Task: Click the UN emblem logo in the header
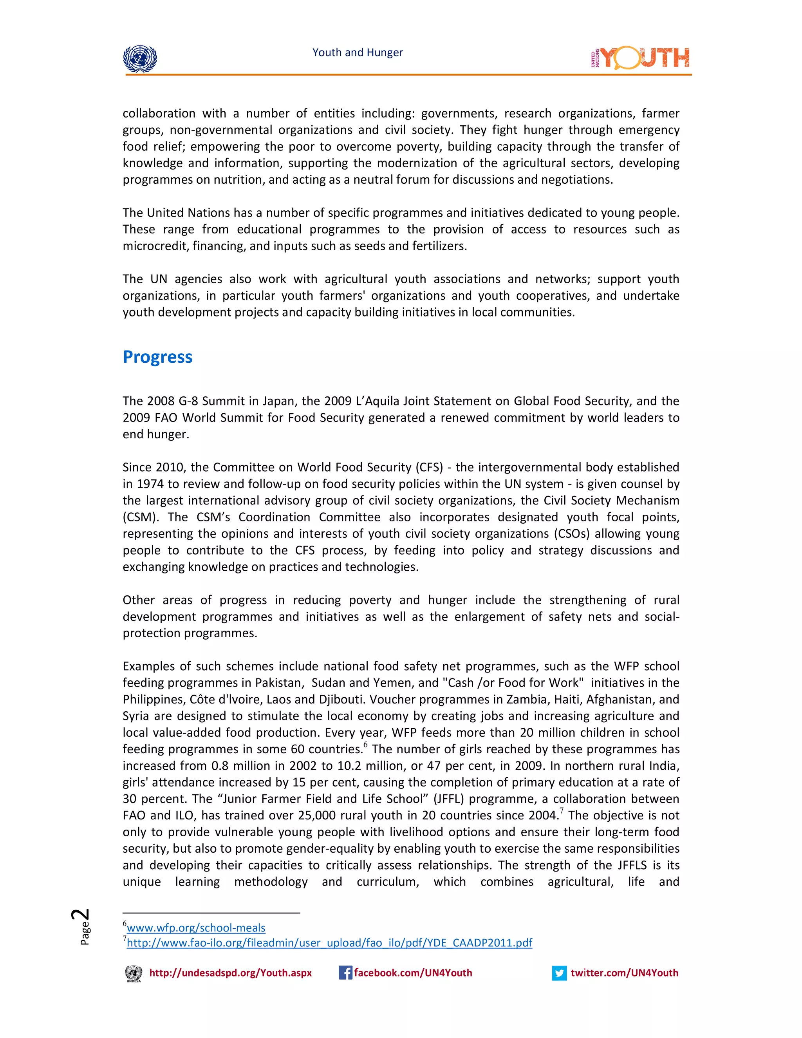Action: (x=140, y=58)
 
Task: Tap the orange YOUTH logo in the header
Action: (x=640, y=58)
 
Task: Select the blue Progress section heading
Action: (x=157, y=357)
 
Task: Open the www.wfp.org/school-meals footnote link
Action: (x=196, y=927)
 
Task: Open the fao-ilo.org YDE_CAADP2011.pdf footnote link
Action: (x=329, y=942)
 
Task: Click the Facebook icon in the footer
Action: (x=345, y=973)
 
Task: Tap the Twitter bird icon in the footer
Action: (x=559, y=973)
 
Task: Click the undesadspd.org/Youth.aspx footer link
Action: (x=230, y=973)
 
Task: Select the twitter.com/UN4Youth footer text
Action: (x=624, y=973)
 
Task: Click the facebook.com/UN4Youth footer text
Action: (x=413, y=973)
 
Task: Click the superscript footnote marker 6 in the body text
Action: (x=365, y=745)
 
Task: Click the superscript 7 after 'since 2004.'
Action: (x=561, y=811)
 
